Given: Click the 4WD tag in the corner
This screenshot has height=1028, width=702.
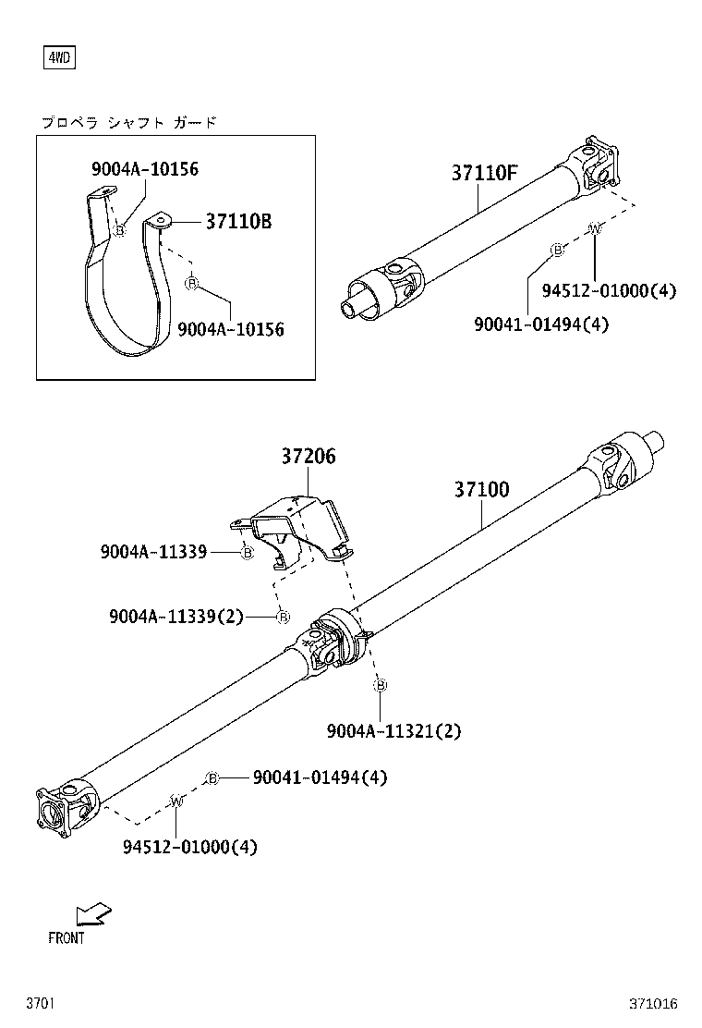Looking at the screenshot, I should click(x=59, y=58).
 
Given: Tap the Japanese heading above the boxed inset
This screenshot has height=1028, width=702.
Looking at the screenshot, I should click(x=128, y=122).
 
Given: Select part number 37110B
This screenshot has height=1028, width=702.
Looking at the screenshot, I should click(x=238, y=222).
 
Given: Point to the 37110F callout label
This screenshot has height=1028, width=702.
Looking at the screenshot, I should click(x=484, y=173).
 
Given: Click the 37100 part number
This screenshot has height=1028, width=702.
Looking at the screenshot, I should click(x=481, y=490).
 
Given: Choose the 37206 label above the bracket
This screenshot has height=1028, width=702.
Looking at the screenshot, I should click(x=309, y=457).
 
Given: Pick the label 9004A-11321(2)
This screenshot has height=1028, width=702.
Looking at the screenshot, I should click(x=393, y=731).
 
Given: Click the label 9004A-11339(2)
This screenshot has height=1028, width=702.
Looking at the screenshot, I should click(x=175, y=617).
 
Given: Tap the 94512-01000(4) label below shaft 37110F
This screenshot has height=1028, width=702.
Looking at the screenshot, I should click(x=609, y=291).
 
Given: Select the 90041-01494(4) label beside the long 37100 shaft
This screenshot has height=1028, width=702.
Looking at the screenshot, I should click(x=320, y=777).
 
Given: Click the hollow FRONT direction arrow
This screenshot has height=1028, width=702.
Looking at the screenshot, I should click(x=93, y=914).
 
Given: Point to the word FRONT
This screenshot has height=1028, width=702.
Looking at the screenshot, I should click(x=67, y=938).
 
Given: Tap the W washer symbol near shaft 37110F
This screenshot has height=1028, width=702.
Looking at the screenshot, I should click(x=595, y=227).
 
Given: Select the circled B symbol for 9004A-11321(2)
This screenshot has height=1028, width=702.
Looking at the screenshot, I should click(x=381, y=685).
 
